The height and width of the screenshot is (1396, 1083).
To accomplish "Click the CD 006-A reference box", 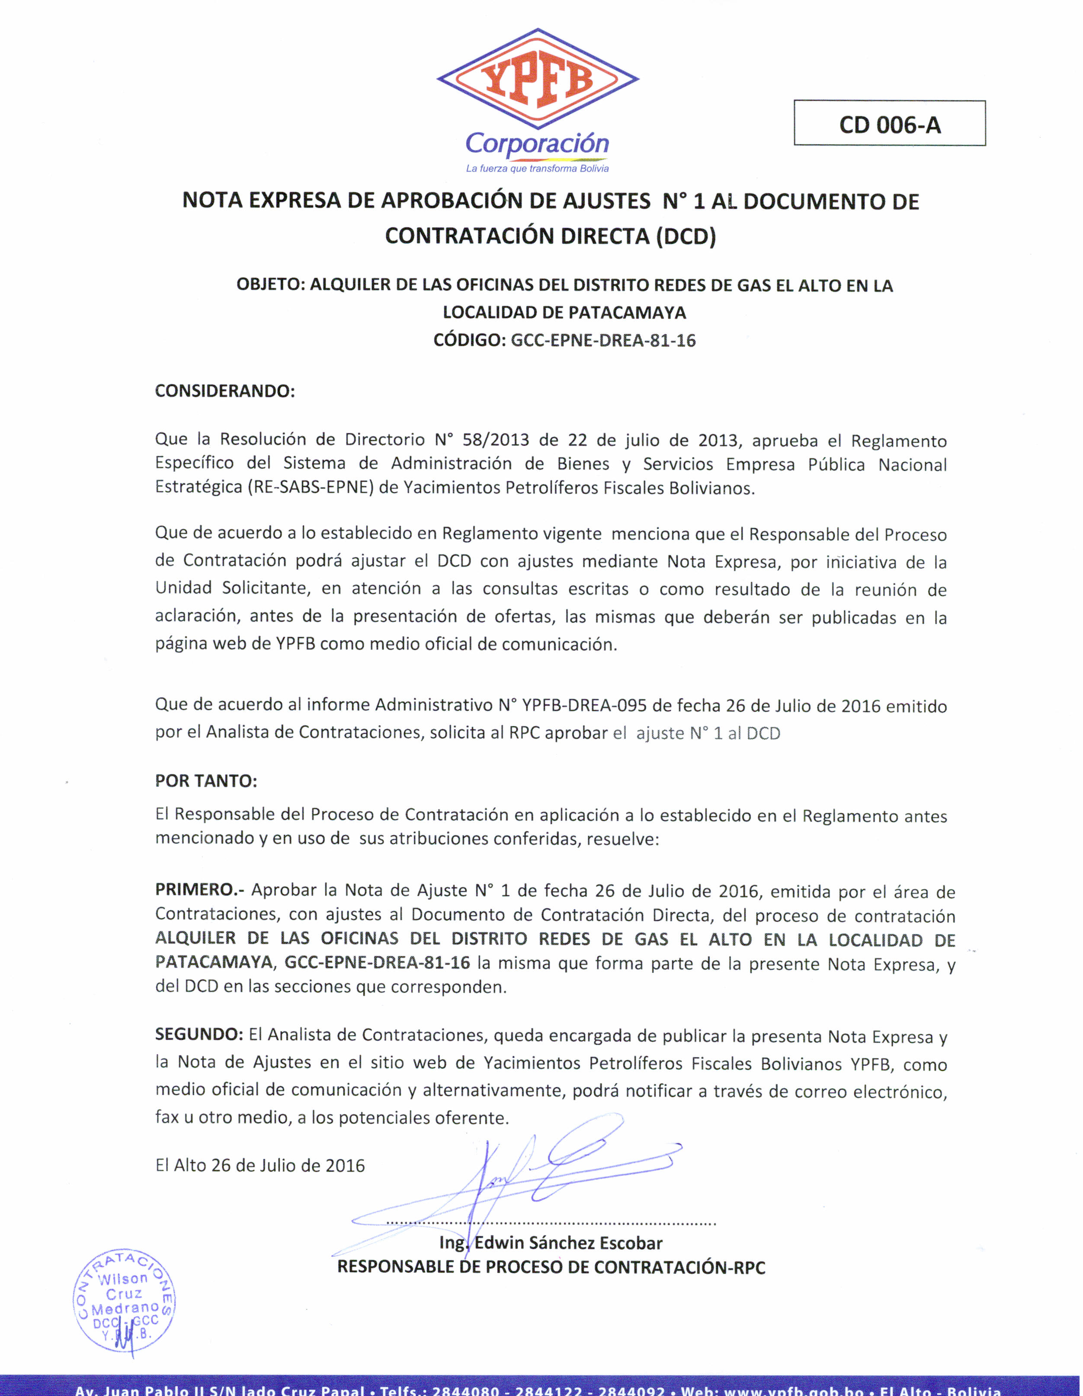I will [889, 123].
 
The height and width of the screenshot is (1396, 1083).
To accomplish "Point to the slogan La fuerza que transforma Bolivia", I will [537, 169].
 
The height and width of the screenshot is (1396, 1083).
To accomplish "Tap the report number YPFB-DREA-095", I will [584, 705].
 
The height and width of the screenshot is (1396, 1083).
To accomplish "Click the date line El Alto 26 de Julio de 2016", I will [260, 1165].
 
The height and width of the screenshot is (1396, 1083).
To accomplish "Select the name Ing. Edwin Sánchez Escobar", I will [551, 1243].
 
